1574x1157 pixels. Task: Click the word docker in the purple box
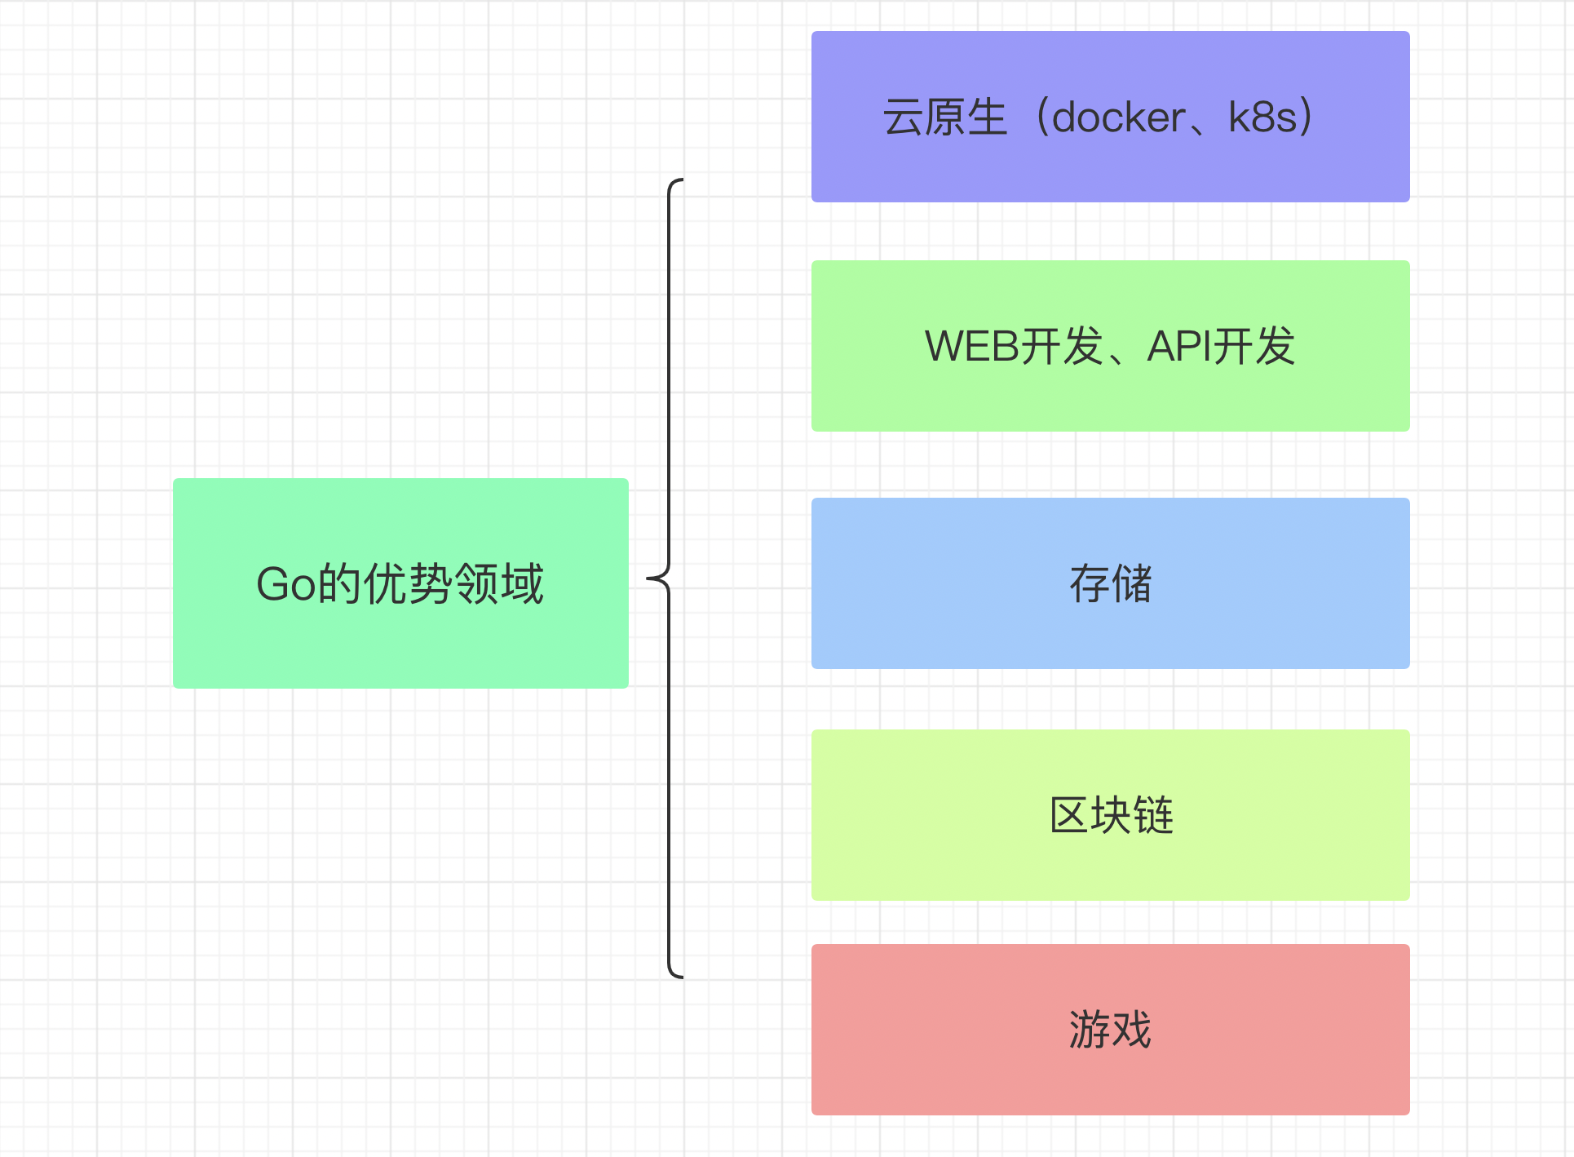1118,117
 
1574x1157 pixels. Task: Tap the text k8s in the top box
1262,117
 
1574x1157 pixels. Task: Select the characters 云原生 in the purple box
945,117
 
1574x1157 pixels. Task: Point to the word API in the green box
1179,346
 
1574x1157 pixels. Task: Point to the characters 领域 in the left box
498,584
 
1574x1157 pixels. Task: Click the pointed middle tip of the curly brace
649,579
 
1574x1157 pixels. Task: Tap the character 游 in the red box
1089,1029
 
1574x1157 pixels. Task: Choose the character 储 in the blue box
1132,584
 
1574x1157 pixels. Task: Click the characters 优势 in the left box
408,584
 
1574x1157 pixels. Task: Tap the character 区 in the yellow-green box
1068,815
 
